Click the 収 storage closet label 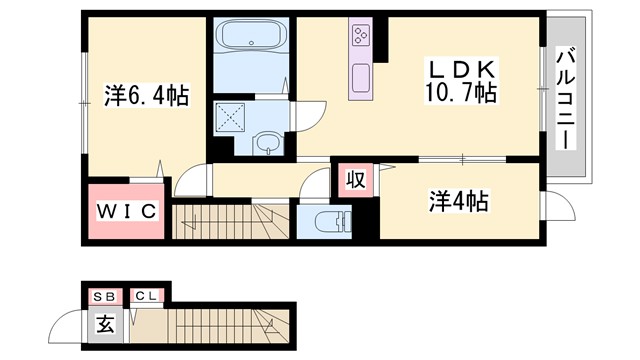355,180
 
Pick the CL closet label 145,295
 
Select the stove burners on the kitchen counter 360,38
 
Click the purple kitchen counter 360,62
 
